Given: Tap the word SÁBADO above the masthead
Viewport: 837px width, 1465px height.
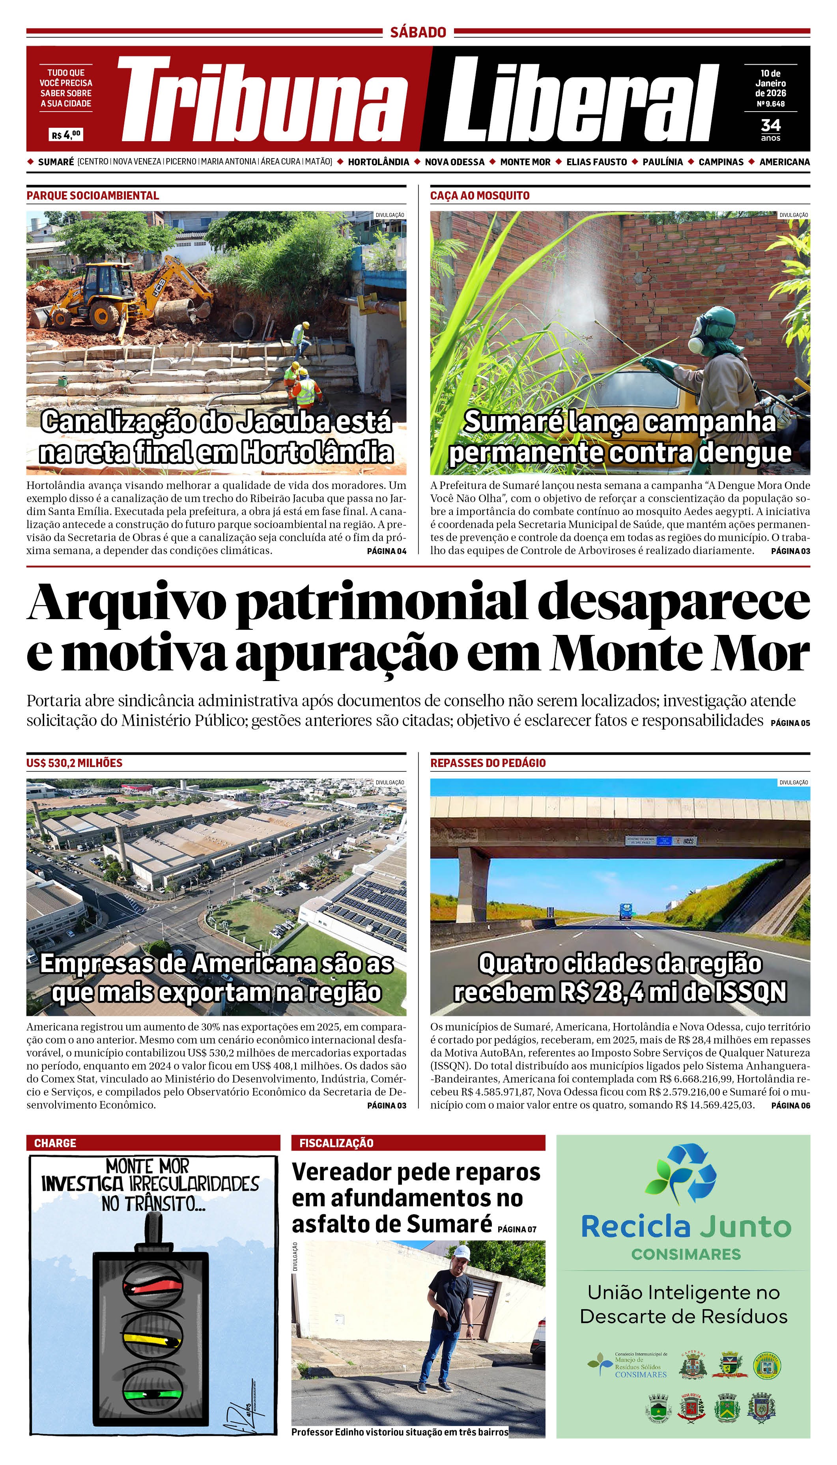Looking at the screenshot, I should tap(418, 32).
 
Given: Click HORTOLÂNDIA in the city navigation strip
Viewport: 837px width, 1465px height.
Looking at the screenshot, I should tap(378, 162).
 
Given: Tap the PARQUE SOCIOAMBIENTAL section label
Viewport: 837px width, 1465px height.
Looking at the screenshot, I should tap(93, 196).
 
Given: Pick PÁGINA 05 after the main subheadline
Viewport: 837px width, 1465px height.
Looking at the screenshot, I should tap(790, 723).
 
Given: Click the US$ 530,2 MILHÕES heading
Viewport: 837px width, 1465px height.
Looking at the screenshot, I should tap(74, 763).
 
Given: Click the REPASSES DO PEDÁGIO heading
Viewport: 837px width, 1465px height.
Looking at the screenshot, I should tap(488, 763).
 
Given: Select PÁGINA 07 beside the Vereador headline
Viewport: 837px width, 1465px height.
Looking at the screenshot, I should tap(517, 1229).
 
